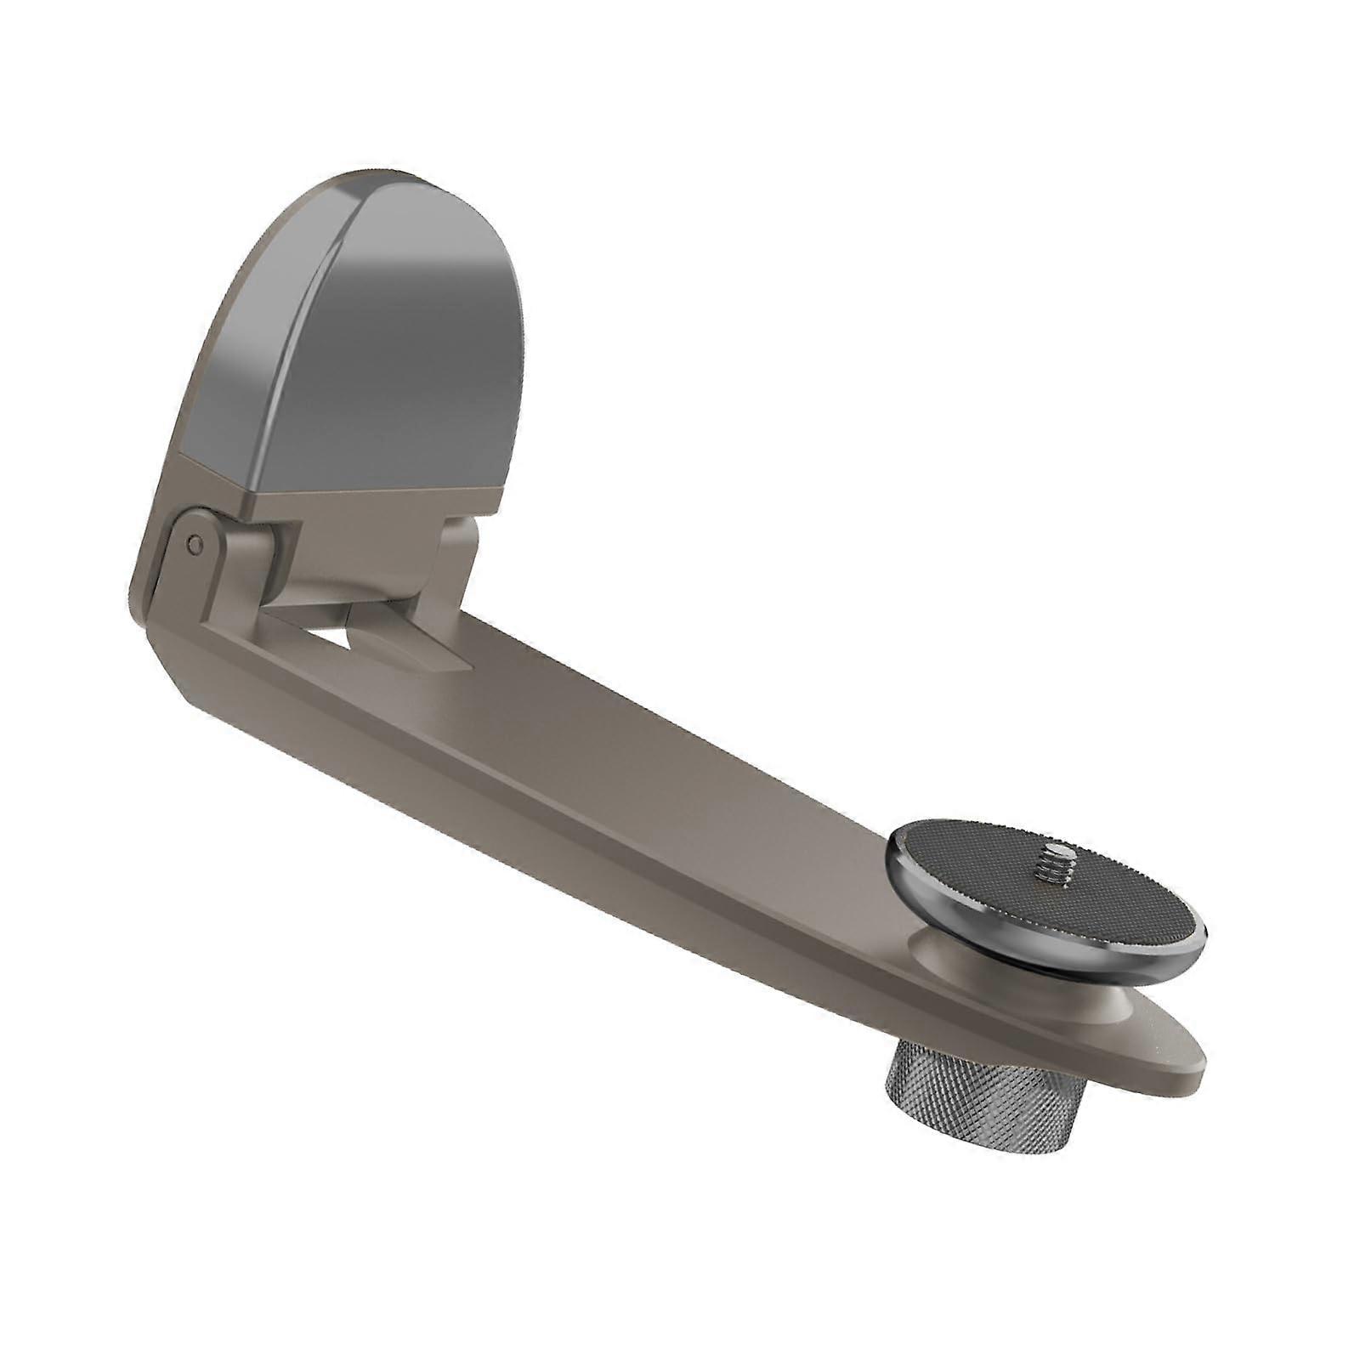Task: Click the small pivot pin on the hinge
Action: point(196,541)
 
